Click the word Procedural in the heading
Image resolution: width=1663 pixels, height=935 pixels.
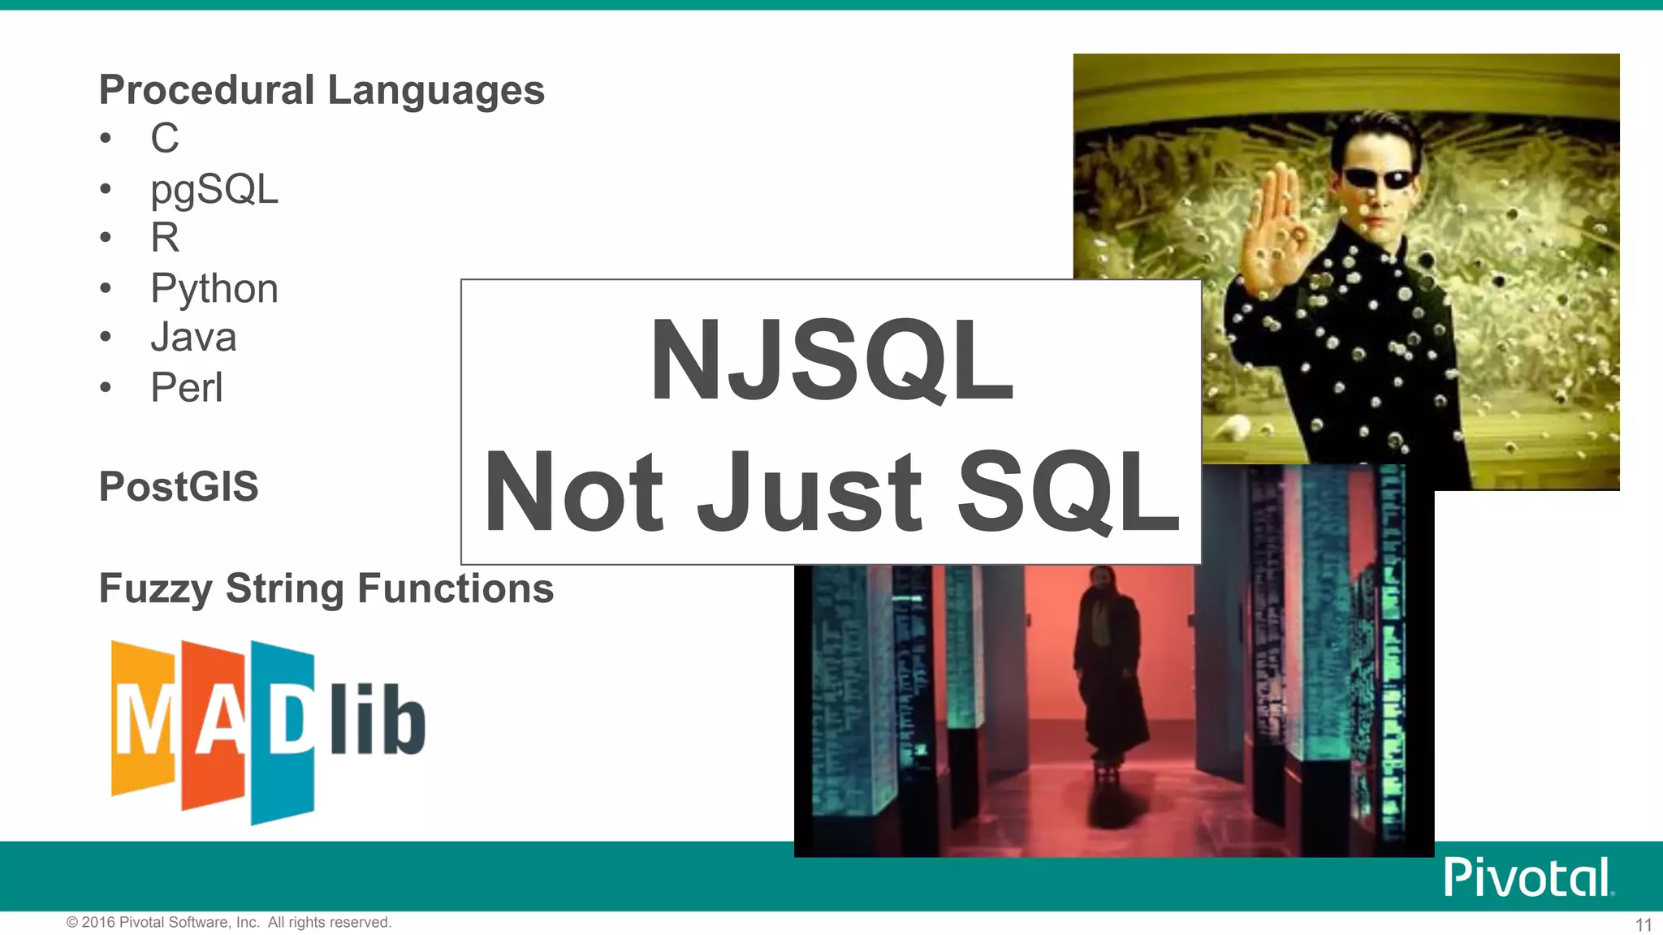pos(206,89)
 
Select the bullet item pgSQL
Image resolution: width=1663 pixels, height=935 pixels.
pos(214,190)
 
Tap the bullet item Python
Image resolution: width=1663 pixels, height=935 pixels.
pos(214,289)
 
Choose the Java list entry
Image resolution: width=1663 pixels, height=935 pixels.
pos(193,338)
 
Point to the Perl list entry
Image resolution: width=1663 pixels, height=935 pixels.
pos(186,387)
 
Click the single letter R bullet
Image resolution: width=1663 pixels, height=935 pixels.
pos(165,238)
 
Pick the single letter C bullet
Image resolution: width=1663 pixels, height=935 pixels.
pos(165,138)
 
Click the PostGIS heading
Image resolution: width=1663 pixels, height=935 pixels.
pos(179,487)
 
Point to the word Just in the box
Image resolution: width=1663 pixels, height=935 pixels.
pos(810,492)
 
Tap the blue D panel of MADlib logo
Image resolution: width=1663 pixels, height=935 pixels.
pos(283,730)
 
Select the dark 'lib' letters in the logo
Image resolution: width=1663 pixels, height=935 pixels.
pos(378,718)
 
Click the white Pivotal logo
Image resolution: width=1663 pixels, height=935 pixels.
pos(1527,877)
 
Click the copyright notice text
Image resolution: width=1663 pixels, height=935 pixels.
pos(229,922)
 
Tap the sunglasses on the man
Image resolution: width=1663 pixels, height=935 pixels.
pos(1379,178)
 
